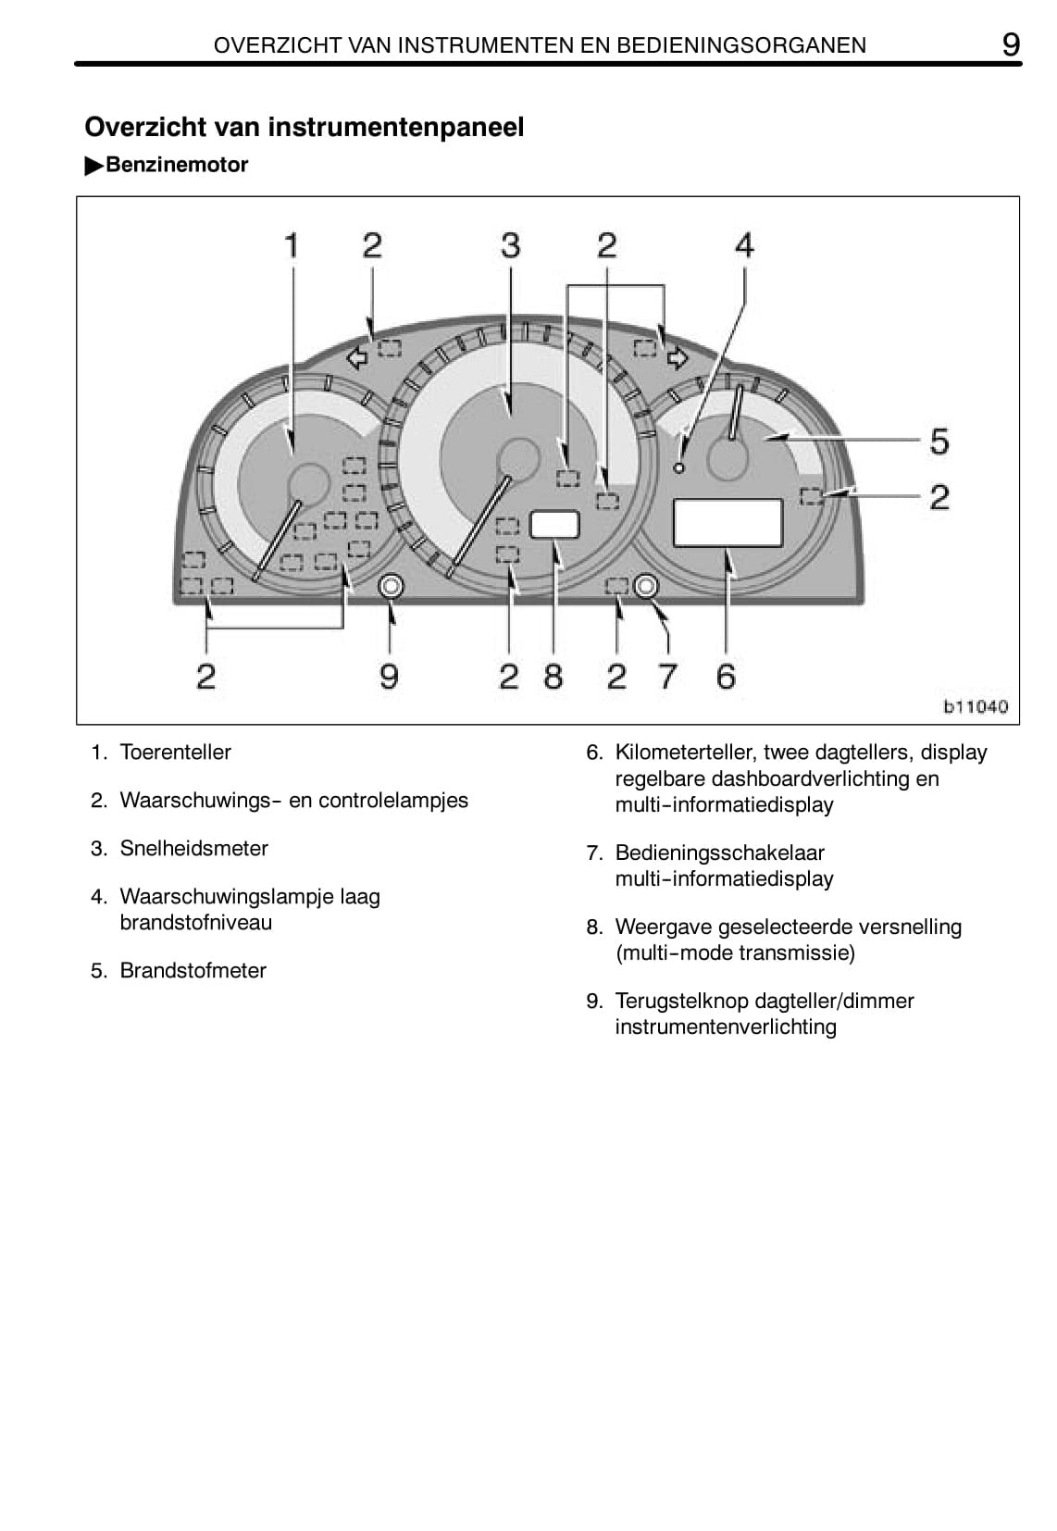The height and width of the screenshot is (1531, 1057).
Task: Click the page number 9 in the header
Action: [1011, 44]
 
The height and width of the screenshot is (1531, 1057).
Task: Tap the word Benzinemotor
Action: [177, 165]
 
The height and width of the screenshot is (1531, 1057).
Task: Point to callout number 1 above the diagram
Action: [292, 245]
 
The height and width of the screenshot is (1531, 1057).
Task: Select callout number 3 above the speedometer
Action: [510, 245]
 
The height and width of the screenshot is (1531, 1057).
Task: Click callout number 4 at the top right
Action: [744, 245]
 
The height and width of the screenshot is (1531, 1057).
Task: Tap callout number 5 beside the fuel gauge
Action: [939, 441]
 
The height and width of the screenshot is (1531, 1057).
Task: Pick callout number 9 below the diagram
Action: [389, 676]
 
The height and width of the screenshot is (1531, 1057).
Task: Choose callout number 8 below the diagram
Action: [553, 676]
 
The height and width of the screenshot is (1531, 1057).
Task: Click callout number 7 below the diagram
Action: [667, 676]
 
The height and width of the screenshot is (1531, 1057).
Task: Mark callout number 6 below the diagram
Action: [726, 676]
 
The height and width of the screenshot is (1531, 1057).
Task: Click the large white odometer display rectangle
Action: [727, 523]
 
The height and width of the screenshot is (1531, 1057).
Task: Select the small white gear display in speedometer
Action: [554, 524]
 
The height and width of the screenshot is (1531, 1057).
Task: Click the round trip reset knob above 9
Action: [391, 585]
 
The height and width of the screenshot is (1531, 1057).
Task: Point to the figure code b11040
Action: [975, 706]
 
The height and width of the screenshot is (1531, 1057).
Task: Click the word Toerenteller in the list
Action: [175, 752]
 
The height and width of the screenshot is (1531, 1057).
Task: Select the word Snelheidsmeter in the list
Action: [193, 848]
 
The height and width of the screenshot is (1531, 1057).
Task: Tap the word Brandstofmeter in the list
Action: [193, 970]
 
